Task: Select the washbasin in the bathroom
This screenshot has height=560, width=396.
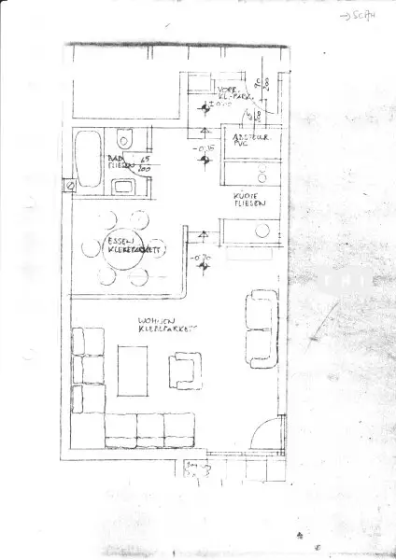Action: tap(125, 186)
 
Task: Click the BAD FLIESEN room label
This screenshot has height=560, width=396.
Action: tap(120, 163)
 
